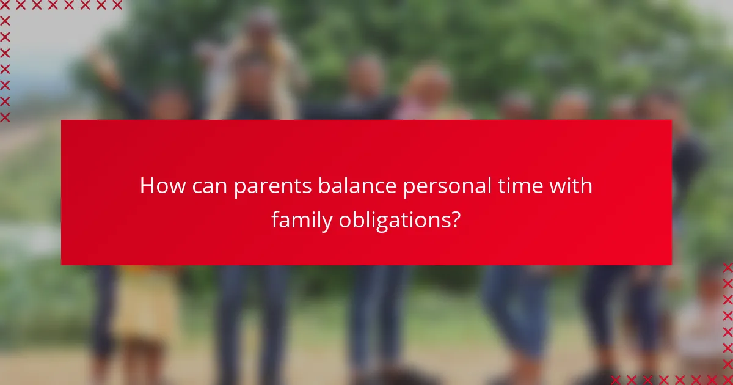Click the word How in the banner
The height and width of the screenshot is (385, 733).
[x=160, y=186]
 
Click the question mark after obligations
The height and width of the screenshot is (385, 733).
[x=455, y=219]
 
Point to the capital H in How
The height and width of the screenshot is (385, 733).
[x=147, y=186]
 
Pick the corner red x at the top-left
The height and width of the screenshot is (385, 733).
[x=5, y=5]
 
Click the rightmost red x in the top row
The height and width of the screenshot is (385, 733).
[x=117, y=5]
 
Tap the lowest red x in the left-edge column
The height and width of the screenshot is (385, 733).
[x=5, y=117]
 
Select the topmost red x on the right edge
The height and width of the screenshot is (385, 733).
[x=728, y=268]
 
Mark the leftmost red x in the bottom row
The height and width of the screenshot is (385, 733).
[x=616, y=380]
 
